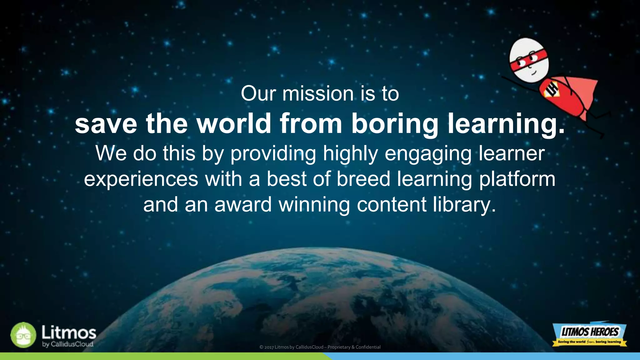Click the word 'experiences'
[141, 179]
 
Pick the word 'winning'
[314, 205]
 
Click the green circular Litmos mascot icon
[23, 335]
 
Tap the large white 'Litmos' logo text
[69, 332]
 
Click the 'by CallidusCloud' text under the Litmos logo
[68, 344]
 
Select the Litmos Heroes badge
[589, 334]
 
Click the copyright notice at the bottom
[320, 347]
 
